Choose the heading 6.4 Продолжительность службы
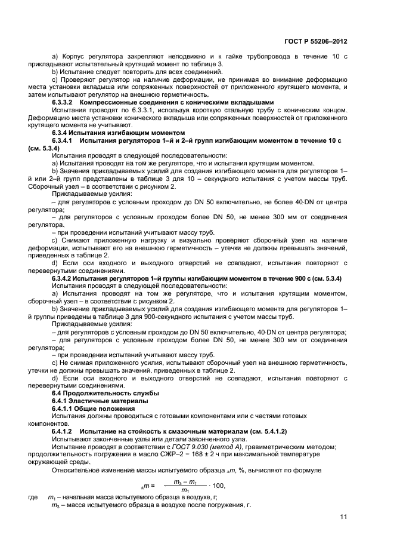pos(105,393)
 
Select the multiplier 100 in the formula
pos(219,486)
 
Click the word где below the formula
pos(32,497)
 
